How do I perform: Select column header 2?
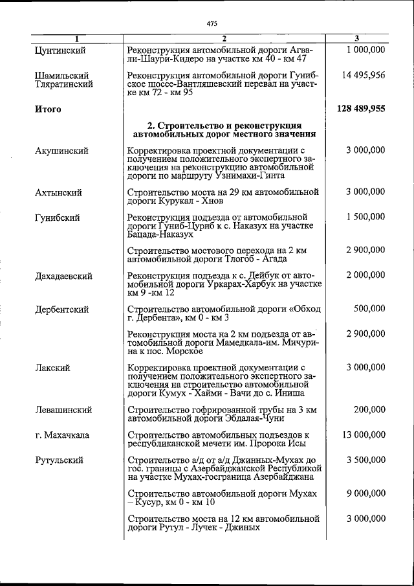[x=224, y=39]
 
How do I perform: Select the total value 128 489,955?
[x=361, y=109]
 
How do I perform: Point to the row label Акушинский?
[x=62, y=151]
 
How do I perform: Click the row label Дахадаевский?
[x=63, y=276]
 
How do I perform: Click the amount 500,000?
[x=369, y=309]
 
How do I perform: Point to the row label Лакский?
[x=52, y=368]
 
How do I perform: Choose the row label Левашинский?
[x=63, y=410]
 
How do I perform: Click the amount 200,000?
[x=369, y=409]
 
